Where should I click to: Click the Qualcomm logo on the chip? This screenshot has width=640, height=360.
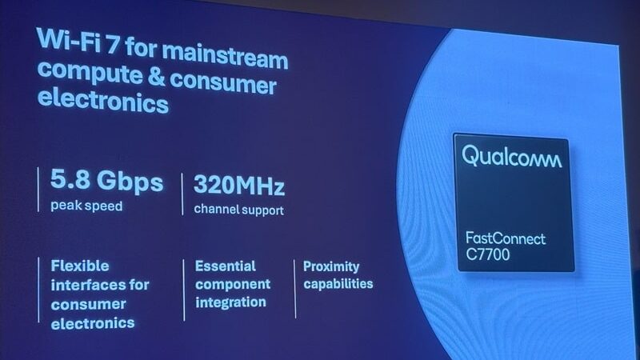pyautogui.click(x=511, y=156)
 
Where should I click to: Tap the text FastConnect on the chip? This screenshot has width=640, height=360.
pyautogui.click(x=506, y=238)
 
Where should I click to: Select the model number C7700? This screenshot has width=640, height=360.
pyautogui.click(x=488, y=254)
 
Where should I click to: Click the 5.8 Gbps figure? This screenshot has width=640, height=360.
pyautogui.click(x=106, y=180)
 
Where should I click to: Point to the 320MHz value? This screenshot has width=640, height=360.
pyautogui.click(x=238, y=185)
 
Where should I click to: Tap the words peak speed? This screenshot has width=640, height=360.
pyautogui.click(x=86, y=206)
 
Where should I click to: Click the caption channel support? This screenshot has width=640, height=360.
pyautogui.click(x=238, y=210)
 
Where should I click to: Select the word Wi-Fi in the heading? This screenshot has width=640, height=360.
pyautogui.click(x=69, y=40)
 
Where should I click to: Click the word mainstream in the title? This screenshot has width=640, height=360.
pyautogui.click(x=225, y=56)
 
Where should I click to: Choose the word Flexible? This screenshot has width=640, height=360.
pyautogui.click(x=80, y=266)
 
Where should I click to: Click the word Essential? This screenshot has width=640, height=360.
pyautogui.click(x=226, y=266)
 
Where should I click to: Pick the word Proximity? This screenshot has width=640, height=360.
pyautogui.click(x=331, y=267)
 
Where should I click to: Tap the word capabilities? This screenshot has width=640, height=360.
pyautogui.click(x=338, y=284)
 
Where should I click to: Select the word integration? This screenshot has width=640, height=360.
pyautogui.click(x=230, y=302)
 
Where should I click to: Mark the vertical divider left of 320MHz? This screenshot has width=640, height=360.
pyautogui.click(x=182, y=194)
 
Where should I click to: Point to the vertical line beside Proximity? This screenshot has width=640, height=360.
pyautogui.click(x=294, y=289)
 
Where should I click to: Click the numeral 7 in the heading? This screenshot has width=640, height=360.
pyautogui.click(x=113, y=44)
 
